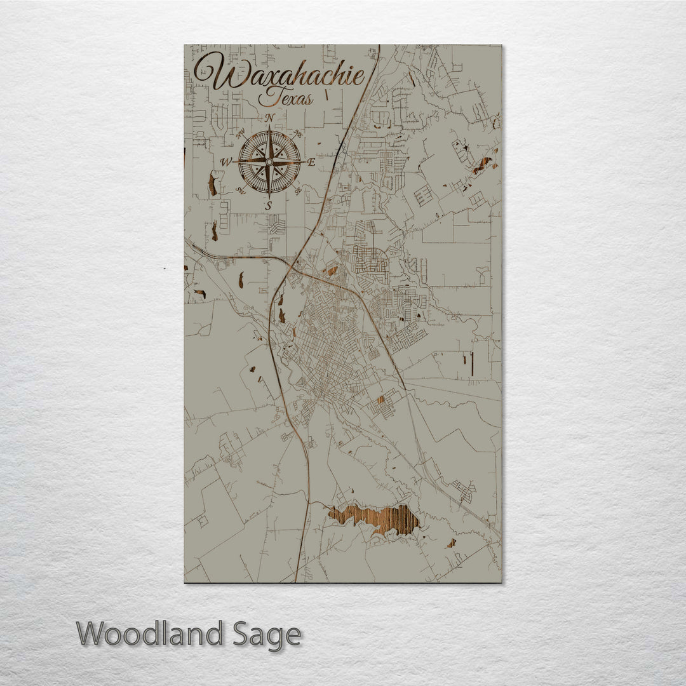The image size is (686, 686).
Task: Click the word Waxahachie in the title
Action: click(279, 74)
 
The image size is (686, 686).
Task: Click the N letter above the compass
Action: click(270, 118)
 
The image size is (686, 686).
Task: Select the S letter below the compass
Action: click(269, 205)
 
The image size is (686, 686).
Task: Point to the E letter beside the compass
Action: click(311, 163)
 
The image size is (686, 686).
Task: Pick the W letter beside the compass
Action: click(226, 163)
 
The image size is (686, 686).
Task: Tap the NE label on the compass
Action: click(298, 134)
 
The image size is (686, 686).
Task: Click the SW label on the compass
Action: click(241, 190)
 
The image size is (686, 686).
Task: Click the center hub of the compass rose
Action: click(269, 162)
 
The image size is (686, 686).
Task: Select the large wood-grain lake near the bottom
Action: click(375, 518)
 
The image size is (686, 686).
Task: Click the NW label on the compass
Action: click(241, 134)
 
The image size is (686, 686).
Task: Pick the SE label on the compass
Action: click(297, 190)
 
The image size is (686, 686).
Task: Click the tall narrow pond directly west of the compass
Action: click(212, 184)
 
